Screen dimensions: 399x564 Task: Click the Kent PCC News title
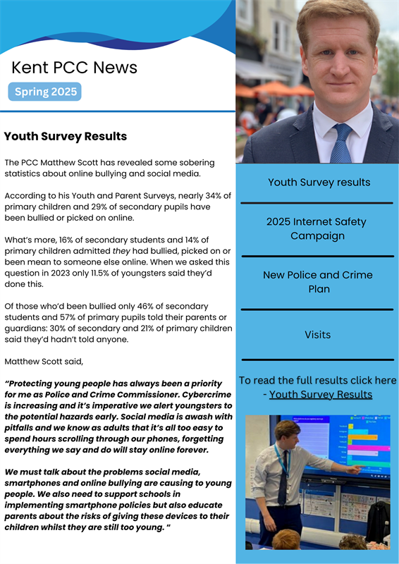[74, 68]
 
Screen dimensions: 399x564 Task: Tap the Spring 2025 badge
[45, 92]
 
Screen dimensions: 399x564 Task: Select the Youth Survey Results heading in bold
[66, 136]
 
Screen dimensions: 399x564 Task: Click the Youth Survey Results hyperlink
[321, 394]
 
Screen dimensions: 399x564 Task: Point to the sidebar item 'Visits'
[317, 335]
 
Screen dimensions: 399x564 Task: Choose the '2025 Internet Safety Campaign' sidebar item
[317, 228]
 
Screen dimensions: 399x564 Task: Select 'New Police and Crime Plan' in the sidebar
[317, 282]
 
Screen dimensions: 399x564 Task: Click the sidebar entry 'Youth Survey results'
[319, 182]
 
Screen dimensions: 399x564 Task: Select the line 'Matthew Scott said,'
[44, 362]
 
